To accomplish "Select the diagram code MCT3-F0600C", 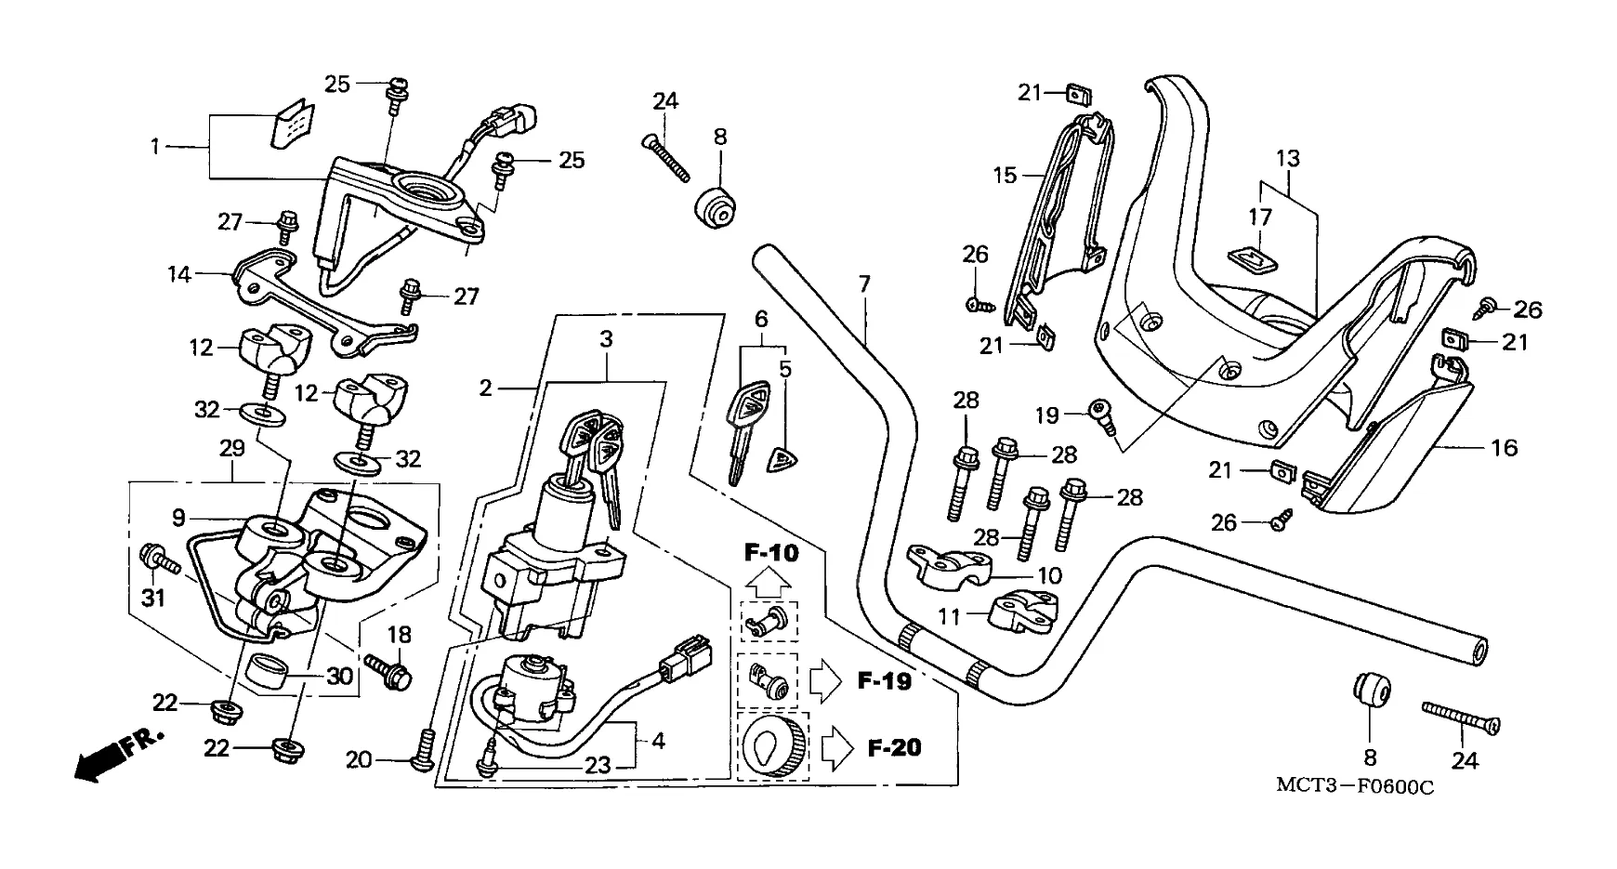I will click(1354, 786).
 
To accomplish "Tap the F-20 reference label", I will click(894, 746).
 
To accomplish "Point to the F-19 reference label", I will click(883, 681).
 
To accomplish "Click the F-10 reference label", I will click(770, 554).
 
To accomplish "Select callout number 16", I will click(1504, 448).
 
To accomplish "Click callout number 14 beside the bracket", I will click(178, 274).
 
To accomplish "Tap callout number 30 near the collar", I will click(340, 678).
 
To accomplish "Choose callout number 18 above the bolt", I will click(399, 635).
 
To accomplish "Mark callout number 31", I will click(152, 598).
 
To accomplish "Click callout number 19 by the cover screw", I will click(1047, 415).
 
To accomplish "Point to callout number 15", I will click(1006, 175).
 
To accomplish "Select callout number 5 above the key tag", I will click(785, 370).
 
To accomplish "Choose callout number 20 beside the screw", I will click(359, 760).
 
